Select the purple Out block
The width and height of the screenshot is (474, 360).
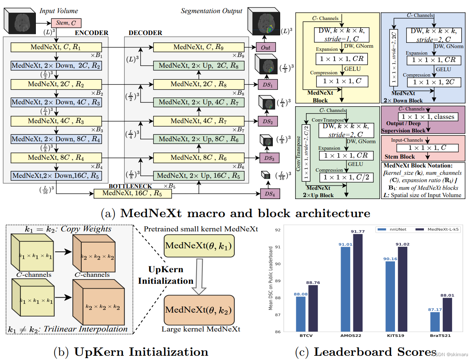pyautogui.click(x=266, y=47)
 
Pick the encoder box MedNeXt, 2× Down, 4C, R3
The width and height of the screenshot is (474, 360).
pyautogui.click(x=56, y=102)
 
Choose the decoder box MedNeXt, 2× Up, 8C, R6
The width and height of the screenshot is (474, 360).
pyautogui.click(x=199, y=139)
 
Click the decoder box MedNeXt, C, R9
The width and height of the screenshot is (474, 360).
pyautogui.click(x=199, y=47)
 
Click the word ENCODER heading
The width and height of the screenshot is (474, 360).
pyautogui.click(x=91, y=33)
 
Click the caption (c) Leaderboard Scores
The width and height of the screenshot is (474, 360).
pyautogui.click(x=365, y=352)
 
